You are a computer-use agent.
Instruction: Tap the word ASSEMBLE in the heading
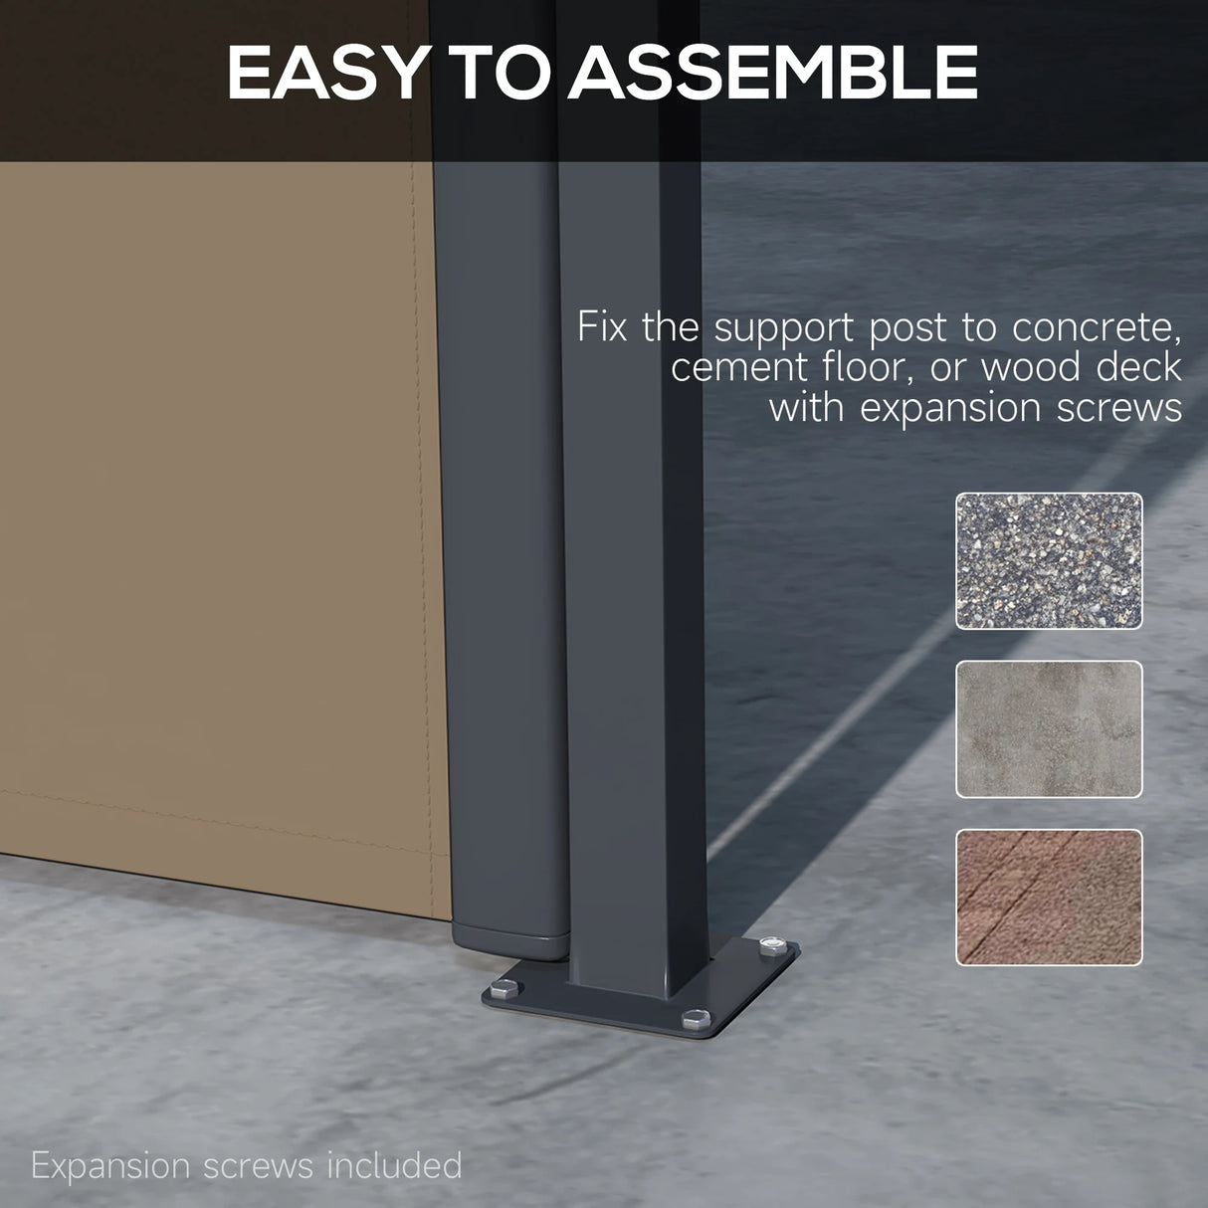(773, 72)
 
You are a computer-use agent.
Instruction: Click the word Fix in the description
(602, 326)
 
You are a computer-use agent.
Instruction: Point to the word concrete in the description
(1097, 327)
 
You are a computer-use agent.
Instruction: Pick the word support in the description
(783, 328)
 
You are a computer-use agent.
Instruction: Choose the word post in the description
(907, 328)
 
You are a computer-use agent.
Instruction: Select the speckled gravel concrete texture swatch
(1049, 560)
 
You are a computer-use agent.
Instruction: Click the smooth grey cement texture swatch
(1049, 728)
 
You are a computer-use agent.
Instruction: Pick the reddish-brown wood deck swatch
(1049, 898)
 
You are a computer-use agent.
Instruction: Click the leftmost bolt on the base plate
(504, 989)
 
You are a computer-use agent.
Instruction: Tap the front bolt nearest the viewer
(696, 1019)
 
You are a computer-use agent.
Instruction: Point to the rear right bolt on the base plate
(774, 945)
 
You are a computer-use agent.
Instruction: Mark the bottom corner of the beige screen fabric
(451, 919)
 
